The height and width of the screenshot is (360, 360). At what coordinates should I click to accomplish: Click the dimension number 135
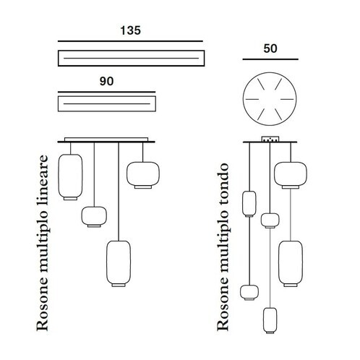[130, 30]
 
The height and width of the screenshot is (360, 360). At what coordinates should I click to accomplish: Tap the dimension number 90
[106, 81]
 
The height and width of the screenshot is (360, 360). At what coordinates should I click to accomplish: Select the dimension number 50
[270, 48]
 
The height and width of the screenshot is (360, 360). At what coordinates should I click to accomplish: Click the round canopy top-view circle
[244, 99]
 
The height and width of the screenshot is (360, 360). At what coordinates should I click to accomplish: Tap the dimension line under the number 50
[270, 59]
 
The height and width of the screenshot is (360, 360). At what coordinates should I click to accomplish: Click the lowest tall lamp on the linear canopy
[119, 263]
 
